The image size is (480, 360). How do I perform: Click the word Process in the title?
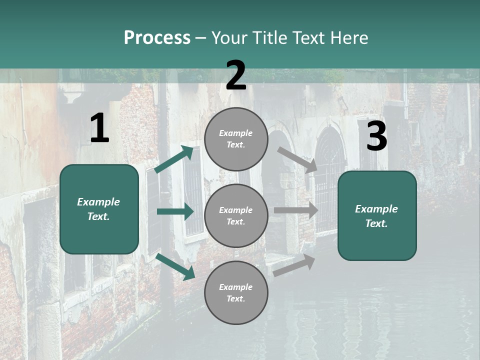click(x=157, y=37)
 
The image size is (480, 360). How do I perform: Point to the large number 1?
click(x=99, y=128)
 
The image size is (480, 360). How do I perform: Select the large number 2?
click(x=236, y=75)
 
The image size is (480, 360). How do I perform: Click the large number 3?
click(x=376, y=136)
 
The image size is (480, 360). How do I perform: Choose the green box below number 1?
click(x=99, y=209)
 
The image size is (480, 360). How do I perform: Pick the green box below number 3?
click(x=377, y=216)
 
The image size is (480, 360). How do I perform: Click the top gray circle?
click(x=236, y=139)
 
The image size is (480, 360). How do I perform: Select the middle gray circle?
click(x=236, y=216)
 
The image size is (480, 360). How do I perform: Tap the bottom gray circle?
click(x=236, y=293)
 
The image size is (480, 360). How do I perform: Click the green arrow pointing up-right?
click(x=174, y=159)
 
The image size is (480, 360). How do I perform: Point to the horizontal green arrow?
click(x=175, y=211)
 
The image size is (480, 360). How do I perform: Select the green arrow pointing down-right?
click(x=175, y=266)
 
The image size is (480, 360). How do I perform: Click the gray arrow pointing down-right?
click(x=298, y=160)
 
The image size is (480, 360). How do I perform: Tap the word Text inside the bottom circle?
click(x=236, y=298)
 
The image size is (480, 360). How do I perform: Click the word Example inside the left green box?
click(x=98, y=202)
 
